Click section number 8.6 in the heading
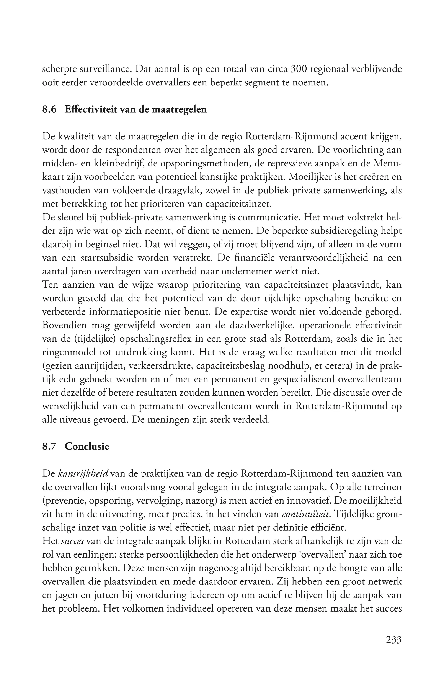tap(50, 109)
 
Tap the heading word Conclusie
tap(87, 446)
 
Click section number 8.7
tap(50, 446)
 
